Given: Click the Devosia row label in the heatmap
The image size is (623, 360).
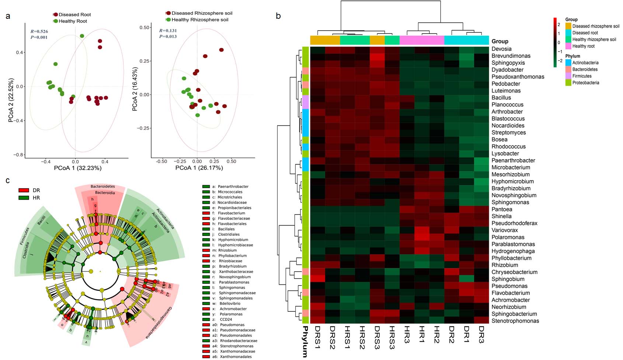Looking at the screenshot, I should tap(501, 49).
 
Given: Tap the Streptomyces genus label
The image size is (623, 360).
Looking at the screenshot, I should tap(509, 133).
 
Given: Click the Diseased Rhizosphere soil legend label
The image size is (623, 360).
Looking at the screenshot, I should tap(202, 13).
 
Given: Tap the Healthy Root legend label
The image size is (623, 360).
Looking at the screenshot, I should tap(73, 21).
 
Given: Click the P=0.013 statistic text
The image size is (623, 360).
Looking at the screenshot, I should tap(168, 36).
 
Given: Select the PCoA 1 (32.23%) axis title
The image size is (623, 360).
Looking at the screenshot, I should tap(78, 168).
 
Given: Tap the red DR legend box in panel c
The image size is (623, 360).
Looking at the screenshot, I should tap(24, 191).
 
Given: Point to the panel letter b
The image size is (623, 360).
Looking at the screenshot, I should tap(278, 16).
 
